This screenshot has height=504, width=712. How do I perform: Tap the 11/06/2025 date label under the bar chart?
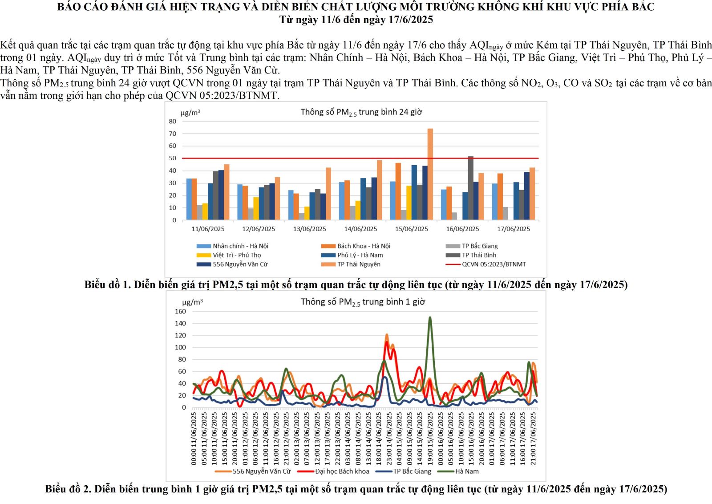pyautogui.click(x=208, y=229)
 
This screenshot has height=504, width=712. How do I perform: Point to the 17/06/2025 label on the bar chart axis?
pyautogui.click(x=514, y=229)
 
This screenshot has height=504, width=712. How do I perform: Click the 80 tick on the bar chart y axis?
pyautogui.click(x=172, y=121)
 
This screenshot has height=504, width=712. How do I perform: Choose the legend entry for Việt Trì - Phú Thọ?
pyautogui.click(x=236, y=255)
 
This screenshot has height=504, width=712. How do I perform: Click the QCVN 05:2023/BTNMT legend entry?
pyautogui.click(x=494, y=264)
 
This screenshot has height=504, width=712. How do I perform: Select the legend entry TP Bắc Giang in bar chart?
pyautogui.click(x=479, y=246)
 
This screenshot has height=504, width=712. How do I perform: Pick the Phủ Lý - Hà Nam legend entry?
pyautogui.click(x=360, y=255)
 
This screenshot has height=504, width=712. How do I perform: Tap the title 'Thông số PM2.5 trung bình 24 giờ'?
pyautogui.click(x=361, y=112)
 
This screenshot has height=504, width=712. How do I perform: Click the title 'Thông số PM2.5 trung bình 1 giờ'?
pyautogui.click(x=363, y=302)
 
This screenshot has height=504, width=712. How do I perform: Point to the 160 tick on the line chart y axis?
pyautogui.click(x=180, y=311)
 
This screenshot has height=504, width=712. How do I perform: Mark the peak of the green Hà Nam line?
pyautogui.click(x=430, y=317)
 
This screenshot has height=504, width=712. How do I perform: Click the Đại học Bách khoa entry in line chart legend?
pyautogui.click(x=342, y=471)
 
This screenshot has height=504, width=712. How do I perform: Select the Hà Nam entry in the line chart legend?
pyautogui.click(x=466, y=471)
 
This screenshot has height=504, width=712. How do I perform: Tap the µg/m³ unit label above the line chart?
pyautogui.click(x=192, y=302)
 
